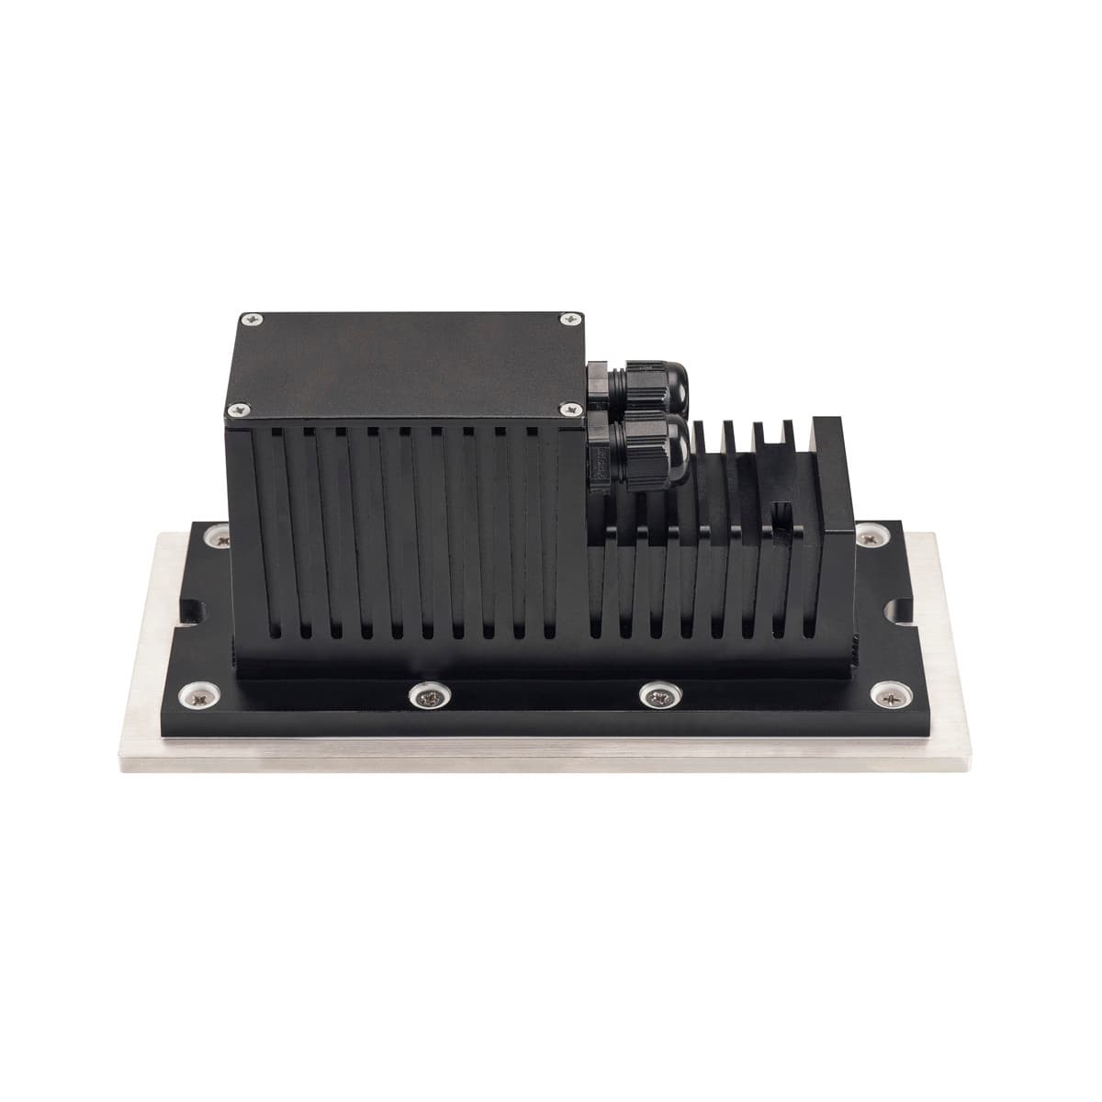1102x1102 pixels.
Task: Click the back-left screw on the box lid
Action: coord(251,319)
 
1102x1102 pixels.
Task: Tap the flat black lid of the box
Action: coord(404,363)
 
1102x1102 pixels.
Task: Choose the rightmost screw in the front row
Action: coord(889,695)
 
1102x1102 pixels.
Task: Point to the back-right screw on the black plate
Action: coord(868,537)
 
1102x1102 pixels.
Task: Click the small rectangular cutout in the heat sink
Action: coord(783,516)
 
